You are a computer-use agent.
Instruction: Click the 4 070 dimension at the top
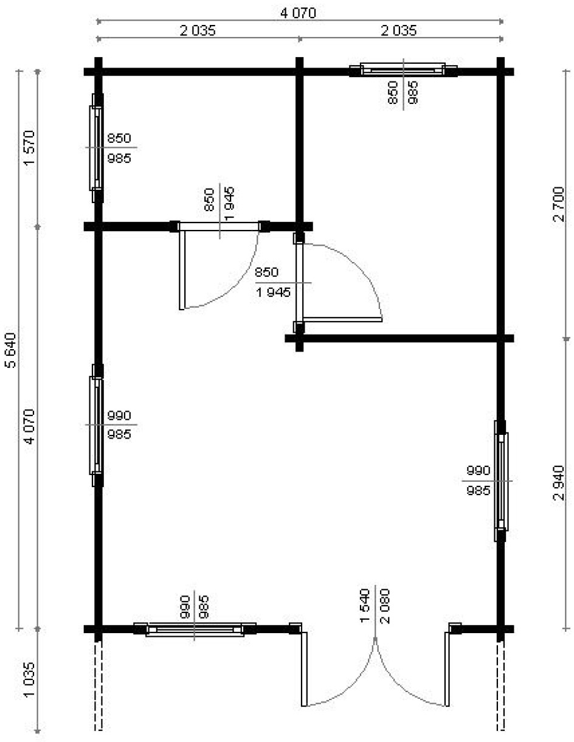[299, 13]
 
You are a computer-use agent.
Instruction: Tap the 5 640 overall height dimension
[10, 350]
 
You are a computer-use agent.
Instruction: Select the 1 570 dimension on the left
[30, 148]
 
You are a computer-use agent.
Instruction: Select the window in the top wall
[403, 70]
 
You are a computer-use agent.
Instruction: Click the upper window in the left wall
[97, 148]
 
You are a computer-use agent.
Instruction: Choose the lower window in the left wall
[97, 426]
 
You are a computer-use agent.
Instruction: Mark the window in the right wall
[501, 481]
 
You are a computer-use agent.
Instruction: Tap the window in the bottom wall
[195, 629]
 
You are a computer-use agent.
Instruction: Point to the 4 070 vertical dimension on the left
[30, 426]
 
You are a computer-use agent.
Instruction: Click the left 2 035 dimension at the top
[198, 31]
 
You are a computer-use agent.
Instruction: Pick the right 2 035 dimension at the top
[399, 31]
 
